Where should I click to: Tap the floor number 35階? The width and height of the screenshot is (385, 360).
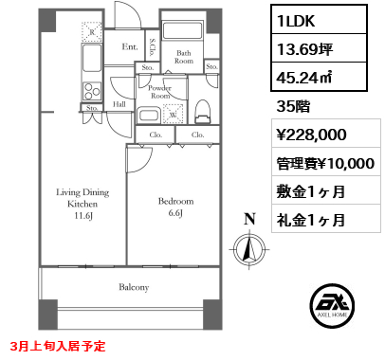(x=295, y=108)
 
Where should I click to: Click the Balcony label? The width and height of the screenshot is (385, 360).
(x=135, y=286)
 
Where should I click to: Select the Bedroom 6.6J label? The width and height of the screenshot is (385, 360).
(x=176, y=207)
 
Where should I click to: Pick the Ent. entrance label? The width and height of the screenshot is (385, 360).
(x=129, y=45)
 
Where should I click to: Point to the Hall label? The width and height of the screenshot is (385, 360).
(x=119, y=104)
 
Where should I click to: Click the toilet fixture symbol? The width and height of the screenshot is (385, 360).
(x=202, y=112)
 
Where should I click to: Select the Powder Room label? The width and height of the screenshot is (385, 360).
(x=159, y=92)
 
